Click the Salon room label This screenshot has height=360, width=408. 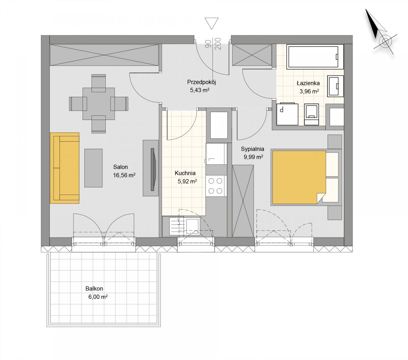click(x=120, y=167)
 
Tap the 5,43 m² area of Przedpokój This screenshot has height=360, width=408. click(x=200, y=90)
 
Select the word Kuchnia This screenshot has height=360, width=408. click(x=185, y=173)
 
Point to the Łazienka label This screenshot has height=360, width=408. click(x=308, y=83)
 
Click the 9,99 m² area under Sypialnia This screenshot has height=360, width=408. click(x=253, y=157)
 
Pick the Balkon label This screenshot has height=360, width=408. click(x=94, y=288)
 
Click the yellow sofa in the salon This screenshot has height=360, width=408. click(x=65, y=168)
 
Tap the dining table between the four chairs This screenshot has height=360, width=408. click(x=99, y=104)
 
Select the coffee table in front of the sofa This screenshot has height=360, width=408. click(x=93, y=168)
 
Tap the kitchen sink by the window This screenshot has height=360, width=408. click(x=185, y=226)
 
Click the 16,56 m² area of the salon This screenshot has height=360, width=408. click(x=124, y=175)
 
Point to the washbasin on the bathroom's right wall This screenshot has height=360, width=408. click(x=336, y=86)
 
